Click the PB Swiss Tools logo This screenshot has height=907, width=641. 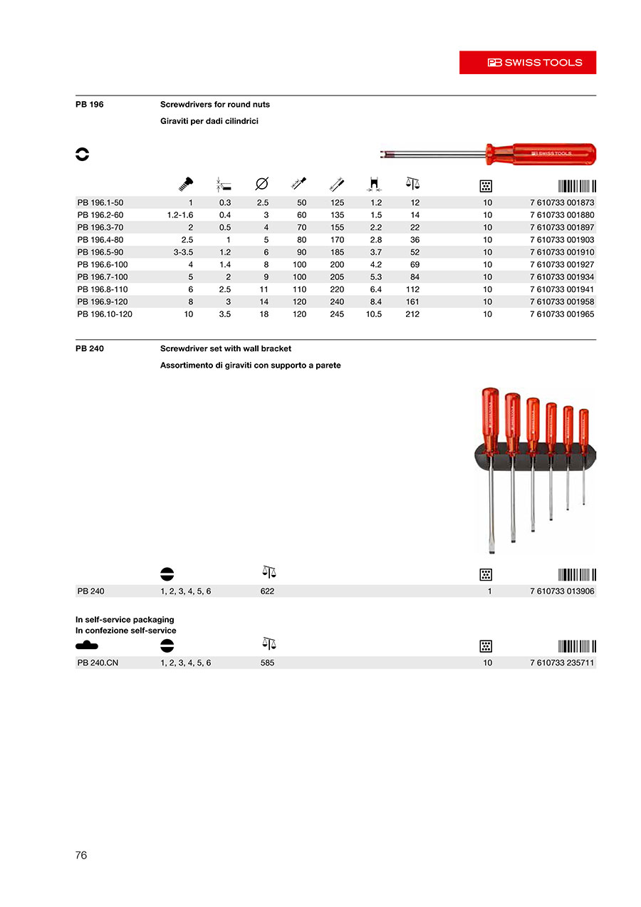click(x=528, y=63)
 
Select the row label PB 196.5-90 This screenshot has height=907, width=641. click(x=100, y=252)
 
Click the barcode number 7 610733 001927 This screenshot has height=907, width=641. click(x=562, y=264)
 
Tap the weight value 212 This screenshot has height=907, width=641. click(x=412, y=314)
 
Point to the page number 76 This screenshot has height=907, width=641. click(x=81, y=855)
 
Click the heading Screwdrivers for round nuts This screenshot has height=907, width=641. click(x=215, y=105)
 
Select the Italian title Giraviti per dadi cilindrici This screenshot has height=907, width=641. click(x=209, y=122)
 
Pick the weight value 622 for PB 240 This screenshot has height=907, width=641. click(x=267, y=591)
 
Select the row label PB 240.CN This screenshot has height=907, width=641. click(x=98, y=663)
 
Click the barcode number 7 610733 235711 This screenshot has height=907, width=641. click(x=562, y=663)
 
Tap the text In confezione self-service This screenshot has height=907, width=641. click(x=126, y=631)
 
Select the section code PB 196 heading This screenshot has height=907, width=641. click(x=90, y=105)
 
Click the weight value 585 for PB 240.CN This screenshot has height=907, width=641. click(x=267, y=663)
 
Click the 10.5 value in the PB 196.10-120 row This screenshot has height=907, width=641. click(x=373, y=314)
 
